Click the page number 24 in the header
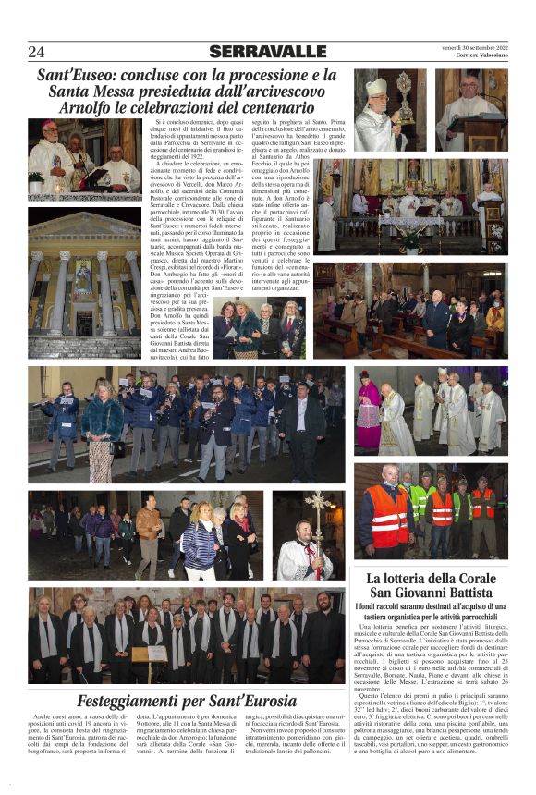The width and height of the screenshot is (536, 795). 36,52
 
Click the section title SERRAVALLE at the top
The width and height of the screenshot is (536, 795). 267,52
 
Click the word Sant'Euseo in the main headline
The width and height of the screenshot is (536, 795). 73,75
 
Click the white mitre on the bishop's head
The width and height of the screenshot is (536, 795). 376,87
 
